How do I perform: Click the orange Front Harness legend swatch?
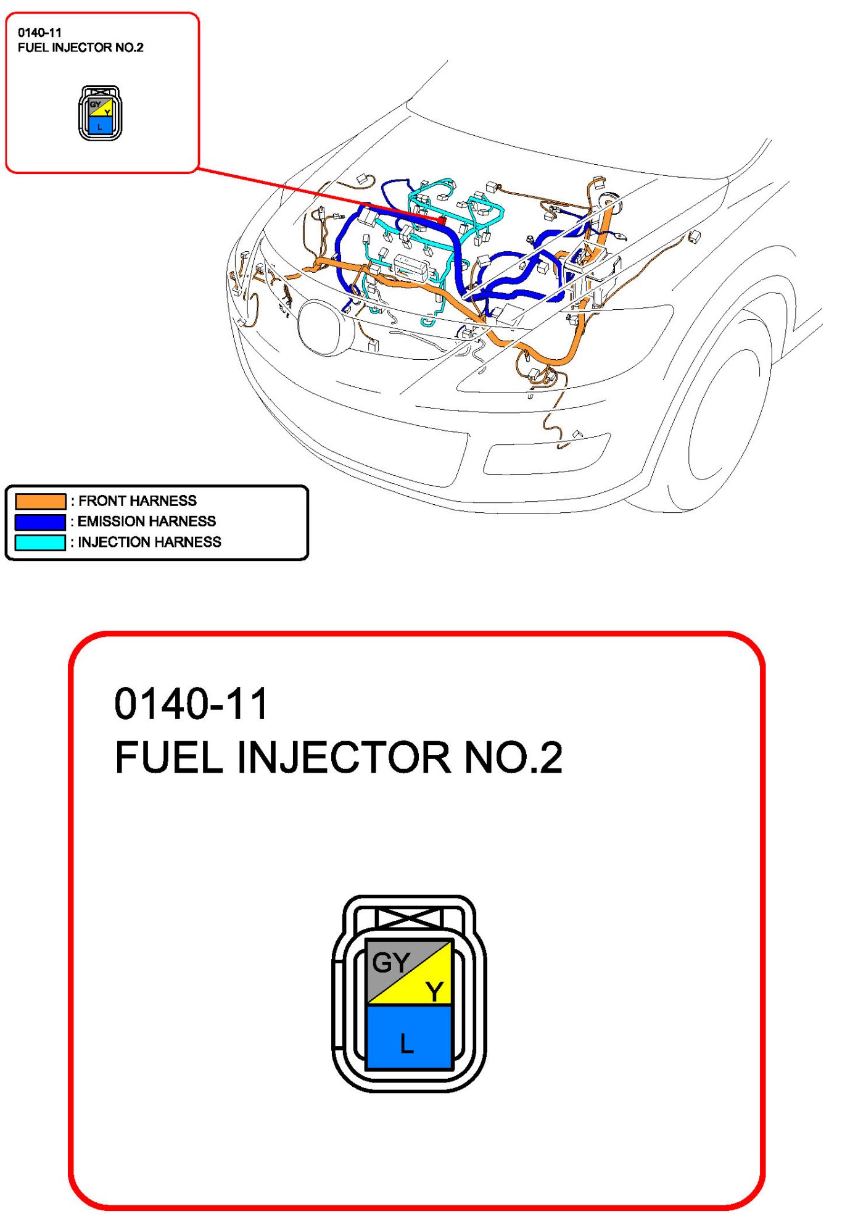tap(40, 501)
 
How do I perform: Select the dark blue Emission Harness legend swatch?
tap(40, 522)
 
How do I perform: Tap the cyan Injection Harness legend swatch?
tap(40, 542)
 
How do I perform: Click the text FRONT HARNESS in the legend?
tap(137, 501)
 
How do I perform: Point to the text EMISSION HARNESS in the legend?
tap(146, 522)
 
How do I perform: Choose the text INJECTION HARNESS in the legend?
tap(149, 542)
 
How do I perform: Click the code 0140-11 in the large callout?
tap(191, 704)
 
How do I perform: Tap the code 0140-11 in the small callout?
tap(39, 33)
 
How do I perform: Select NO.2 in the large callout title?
tap(513, 757)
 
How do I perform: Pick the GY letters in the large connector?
tap(390, 962)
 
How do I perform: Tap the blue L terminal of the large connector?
tap(409, 1038)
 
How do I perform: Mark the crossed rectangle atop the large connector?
tap(409, 918)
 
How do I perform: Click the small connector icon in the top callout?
tap(100, 114)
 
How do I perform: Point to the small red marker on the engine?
tap(442, 220)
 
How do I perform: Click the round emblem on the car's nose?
tap(322, 327)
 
